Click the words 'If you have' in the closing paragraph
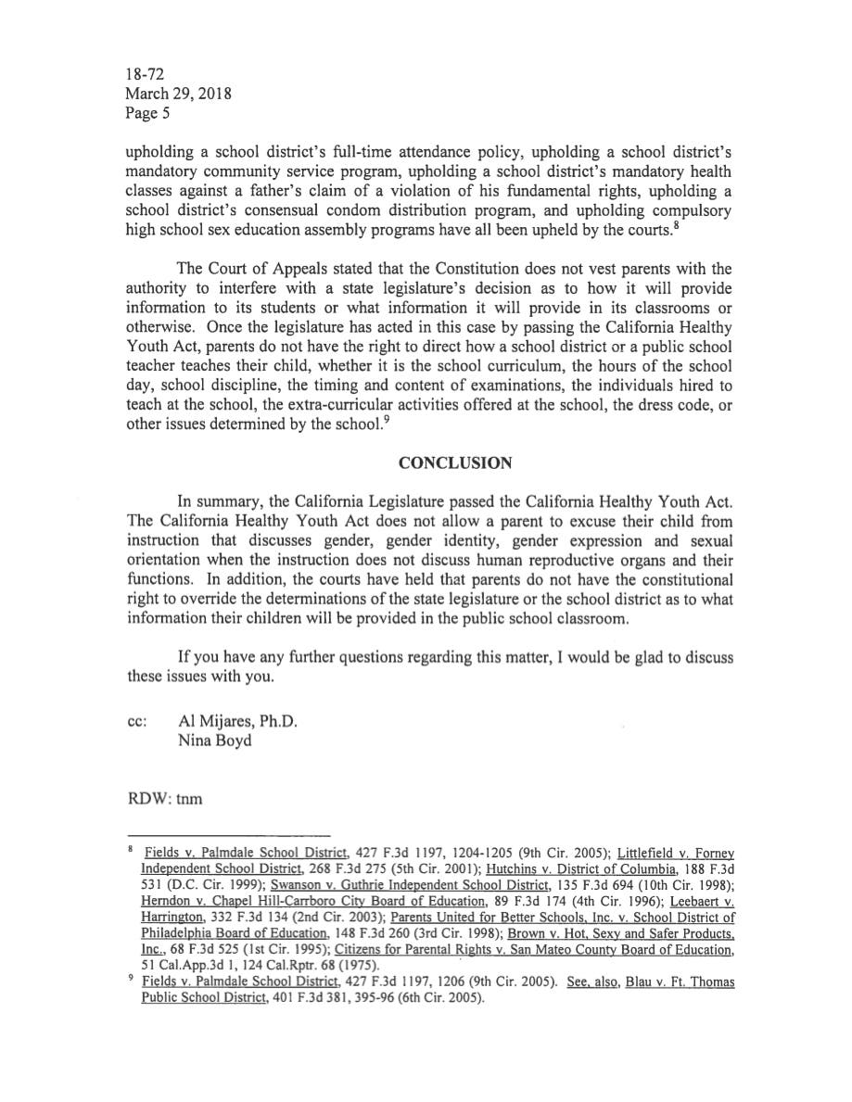(215, 658)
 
